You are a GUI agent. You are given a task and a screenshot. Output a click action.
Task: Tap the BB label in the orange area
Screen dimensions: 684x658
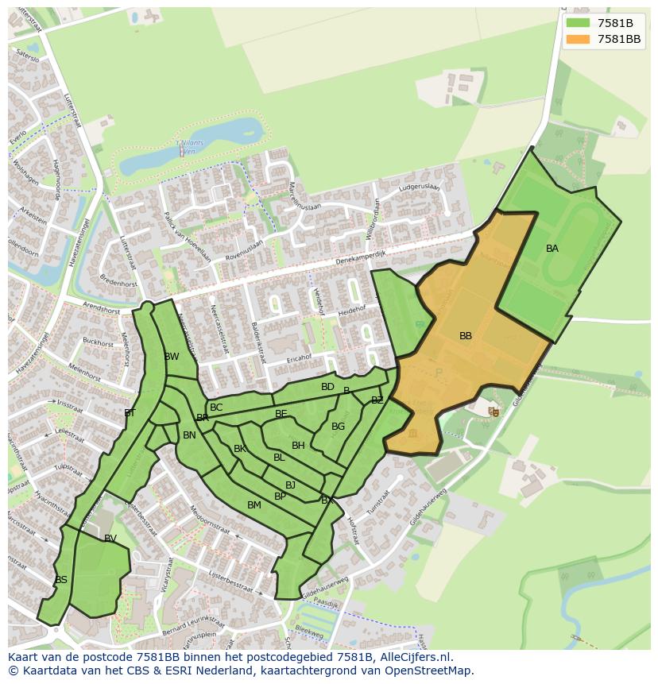[466, 336]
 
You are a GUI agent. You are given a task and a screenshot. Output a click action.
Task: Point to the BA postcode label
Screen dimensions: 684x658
[552, 249]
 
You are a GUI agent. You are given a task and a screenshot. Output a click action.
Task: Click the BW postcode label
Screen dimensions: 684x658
[172, 357]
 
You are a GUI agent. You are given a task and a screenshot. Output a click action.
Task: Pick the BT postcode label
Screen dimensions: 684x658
[130, 413]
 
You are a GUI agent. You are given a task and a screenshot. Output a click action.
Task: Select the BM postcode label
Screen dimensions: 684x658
[254, 505]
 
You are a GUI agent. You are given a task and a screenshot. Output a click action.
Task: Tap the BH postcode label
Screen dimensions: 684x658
[298, 446]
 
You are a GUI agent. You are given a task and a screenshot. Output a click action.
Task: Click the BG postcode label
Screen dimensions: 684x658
[339, 427]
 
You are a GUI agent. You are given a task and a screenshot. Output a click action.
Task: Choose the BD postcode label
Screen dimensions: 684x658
[327, 387]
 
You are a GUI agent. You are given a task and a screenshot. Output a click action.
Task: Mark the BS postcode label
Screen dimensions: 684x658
[61, 580]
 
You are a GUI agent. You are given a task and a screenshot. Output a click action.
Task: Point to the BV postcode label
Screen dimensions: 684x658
[110, 539]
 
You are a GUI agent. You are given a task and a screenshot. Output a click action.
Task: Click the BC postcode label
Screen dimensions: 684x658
[216, 408]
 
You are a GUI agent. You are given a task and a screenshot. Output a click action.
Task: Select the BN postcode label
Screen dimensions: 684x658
[189, 435]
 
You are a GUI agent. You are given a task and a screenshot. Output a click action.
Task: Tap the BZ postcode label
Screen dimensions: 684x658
[377, 400]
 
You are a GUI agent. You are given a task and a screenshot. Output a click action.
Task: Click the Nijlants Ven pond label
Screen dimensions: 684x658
[192, 144]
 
